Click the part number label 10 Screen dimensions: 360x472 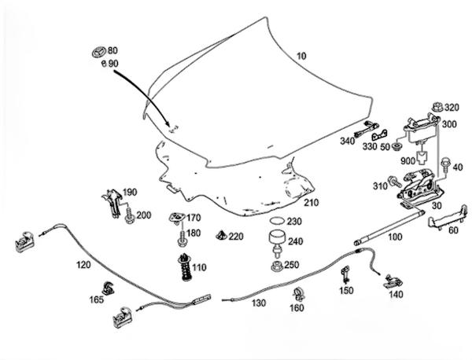pyautogui.click(x=302, y=57)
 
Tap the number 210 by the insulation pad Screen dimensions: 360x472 pyautogui.click(x=312, y=203)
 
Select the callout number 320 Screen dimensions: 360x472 pyautogui.click(x=451, y=107)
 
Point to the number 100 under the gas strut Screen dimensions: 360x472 pyautogui.click(x=395, y=237)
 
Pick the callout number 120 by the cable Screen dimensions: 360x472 pyautogui.click(x=83, y=266)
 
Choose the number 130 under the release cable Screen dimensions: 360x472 pyautogui.click(x=259, y=303)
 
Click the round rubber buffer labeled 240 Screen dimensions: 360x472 pyautogui.click(x=277, y=241)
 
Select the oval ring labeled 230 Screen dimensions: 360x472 pyautogui.click(x=275, y=222)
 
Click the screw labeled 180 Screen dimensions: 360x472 pyautogui.click(x=183, y=234)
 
